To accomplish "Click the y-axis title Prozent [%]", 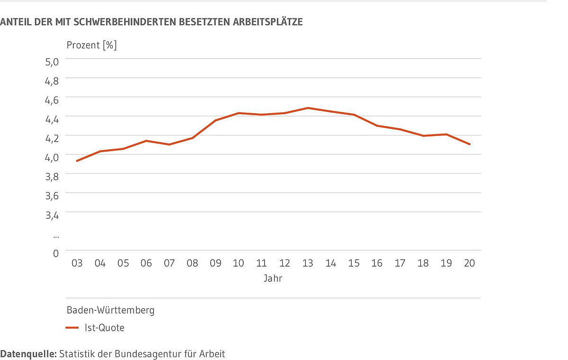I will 91,45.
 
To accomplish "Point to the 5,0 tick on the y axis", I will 52,62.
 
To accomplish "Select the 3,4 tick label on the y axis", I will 52,216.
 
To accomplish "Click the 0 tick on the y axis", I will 55,253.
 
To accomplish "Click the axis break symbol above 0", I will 55,235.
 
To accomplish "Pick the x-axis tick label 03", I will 77,263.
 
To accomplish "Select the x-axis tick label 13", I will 308,263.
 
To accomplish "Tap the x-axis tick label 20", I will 469,263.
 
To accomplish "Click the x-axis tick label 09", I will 215,263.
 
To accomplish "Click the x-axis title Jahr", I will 273,279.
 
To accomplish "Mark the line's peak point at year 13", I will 308,108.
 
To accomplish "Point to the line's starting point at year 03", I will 77,161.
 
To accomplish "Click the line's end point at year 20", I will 469,144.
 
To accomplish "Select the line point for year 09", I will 215,120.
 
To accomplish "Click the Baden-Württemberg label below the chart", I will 110,311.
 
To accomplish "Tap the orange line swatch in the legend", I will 72,328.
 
